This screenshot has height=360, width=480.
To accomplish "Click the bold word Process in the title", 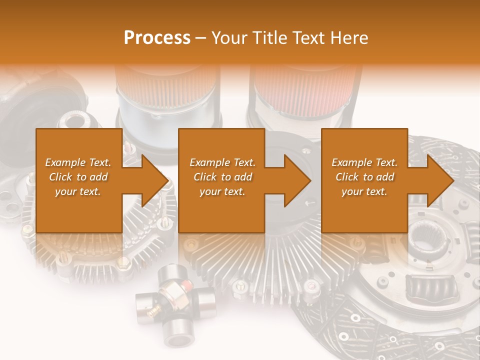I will coord(157,38).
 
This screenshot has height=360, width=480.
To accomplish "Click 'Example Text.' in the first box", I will coord(78,162).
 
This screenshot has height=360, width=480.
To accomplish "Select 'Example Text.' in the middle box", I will coord(222,162).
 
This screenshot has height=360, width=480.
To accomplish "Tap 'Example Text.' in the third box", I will coord(364,162).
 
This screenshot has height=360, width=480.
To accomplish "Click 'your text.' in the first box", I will coord(78,191).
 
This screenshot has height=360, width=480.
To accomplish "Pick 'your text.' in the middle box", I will coord(222,191).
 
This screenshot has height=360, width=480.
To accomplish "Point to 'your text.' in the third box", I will coord(364,191).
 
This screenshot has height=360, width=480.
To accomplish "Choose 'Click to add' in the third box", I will coord(364,177).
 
